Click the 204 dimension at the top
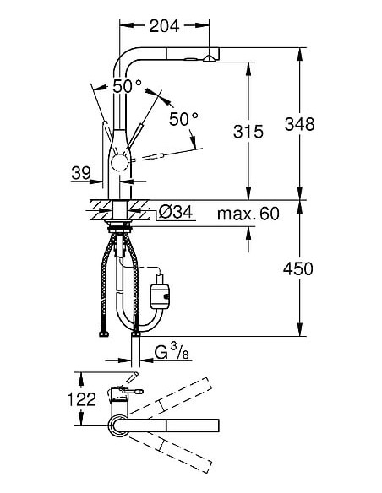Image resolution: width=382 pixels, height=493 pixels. point(165,26)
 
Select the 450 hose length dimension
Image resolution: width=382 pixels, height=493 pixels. point(298,268)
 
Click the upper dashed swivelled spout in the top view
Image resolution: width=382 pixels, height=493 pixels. point(169,396)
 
